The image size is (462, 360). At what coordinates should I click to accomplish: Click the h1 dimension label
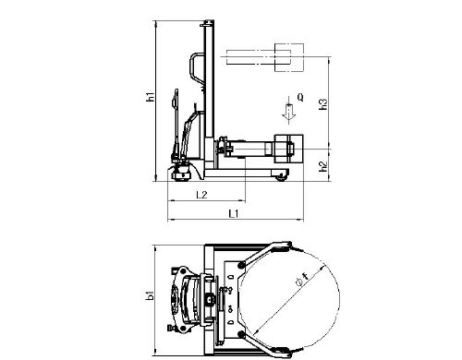click(151, 97)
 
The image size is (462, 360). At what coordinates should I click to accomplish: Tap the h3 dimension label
click(323, 104)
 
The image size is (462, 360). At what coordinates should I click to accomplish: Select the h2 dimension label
click(323, 166)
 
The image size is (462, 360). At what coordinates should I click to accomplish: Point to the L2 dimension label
click(201, 195)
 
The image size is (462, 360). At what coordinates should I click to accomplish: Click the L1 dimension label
click(234, 213)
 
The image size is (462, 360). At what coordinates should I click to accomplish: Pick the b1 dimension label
click(151, 295)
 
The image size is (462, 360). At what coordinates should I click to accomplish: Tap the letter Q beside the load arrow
click(300, 97)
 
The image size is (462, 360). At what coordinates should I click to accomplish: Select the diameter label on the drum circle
click(302, 281)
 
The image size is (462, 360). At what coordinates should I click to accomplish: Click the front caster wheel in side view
click(282, 176)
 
